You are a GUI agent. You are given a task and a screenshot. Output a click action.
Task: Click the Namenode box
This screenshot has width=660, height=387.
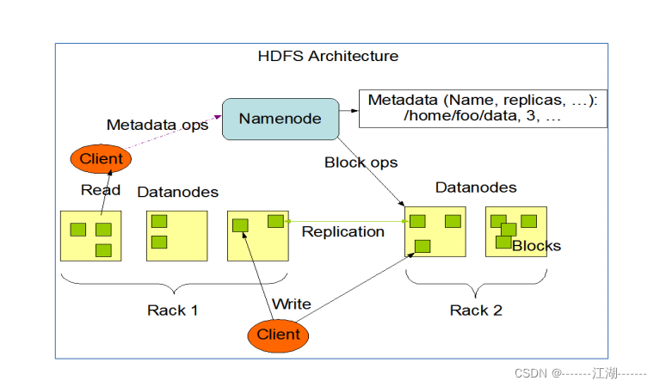(280, 119)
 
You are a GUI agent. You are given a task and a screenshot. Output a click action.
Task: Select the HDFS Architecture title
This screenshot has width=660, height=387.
(328, 57)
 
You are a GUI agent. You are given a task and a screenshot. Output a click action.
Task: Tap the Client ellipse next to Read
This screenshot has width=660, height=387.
(101, 158)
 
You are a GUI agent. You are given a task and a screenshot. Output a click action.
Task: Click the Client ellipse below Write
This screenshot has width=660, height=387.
(279, 335)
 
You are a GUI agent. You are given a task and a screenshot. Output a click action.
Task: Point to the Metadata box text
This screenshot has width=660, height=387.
(482, 108)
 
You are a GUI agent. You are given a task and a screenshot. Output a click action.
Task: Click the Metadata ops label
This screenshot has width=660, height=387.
(157, 126)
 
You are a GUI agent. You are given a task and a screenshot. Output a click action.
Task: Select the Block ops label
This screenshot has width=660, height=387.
(361, 163)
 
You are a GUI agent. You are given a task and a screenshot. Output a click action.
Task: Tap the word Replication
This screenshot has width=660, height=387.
(342, 231)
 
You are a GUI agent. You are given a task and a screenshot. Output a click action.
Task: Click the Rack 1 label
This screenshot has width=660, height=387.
(173, 310)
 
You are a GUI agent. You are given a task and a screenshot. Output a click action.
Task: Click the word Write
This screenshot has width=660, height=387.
(291, 304)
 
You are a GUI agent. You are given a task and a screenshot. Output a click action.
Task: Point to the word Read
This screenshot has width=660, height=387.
(101, 190)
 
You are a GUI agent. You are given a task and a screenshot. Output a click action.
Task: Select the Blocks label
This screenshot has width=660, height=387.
(536, 246)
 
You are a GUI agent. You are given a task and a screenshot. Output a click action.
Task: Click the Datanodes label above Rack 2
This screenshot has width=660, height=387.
(476, 187)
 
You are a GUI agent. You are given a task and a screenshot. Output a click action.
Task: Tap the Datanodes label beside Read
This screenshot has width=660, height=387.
(178, 192)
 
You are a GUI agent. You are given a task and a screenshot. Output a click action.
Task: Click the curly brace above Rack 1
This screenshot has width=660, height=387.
(174, 284)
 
